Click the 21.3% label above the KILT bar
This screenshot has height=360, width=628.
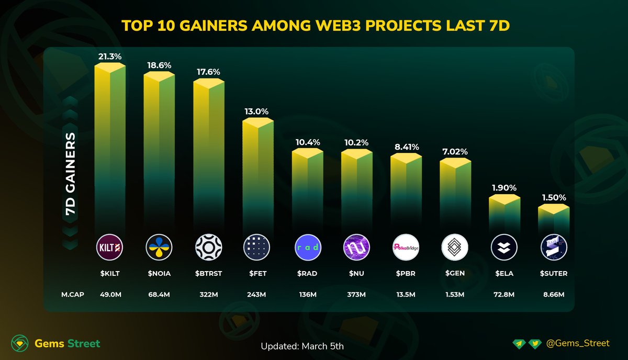pyautogui.click(x=110, y=56)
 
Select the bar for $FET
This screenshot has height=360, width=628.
pyautogui.click(x=257, y=173)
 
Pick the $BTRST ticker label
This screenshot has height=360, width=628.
pyautogui.click(x=208, y=273)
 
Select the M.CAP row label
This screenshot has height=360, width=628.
pyautogui.click(x=70, y=295)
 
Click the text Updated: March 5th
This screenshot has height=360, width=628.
pyautogui.click(x=302, y=346)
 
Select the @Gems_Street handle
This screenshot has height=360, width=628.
pyautogui.click(x=577, y=343)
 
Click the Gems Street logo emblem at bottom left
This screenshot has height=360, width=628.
pyautogui.click(x=20, y=344)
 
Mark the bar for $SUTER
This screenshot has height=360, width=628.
pyautogui.click(x=553, y=220)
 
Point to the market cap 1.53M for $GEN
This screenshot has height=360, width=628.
pyautogui.click(x=454, y=295)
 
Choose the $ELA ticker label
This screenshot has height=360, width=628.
pyautogui.click(x=503, y=273)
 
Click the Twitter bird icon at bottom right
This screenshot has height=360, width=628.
pyautogui.click(x=534, y=344)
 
